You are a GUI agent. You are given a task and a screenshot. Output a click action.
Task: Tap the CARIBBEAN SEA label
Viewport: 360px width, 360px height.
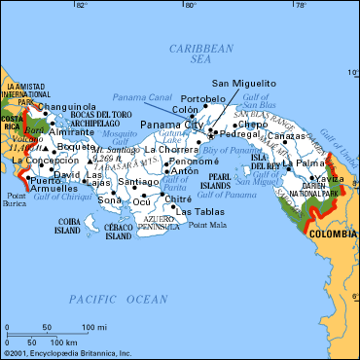click(199, 54)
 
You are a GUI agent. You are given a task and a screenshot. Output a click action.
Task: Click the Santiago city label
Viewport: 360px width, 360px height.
click(137, 182)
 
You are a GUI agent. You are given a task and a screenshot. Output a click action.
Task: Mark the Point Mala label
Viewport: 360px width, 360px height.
click(206, 226)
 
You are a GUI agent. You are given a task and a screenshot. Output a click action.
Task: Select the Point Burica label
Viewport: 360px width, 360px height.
click(16, 201)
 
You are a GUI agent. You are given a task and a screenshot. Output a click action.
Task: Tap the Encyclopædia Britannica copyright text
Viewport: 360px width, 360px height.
click(66, 354)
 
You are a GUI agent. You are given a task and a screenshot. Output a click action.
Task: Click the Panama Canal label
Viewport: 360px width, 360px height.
click(144, 98)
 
